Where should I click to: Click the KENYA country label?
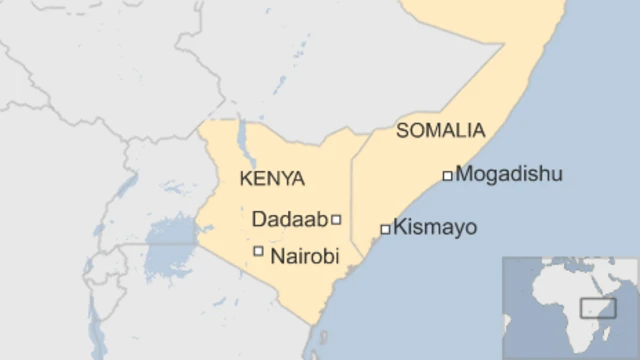[x=272, y=179]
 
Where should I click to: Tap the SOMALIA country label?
[x=441, y=130]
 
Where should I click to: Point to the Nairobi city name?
[x=305, y=256]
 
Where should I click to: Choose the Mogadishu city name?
[x=508, y=174]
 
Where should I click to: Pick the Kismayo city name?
[x=434, y=228]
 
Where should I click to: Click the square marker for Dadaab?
[x=336, y=219]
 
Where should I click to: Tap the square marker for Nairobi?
[x=259, y=251]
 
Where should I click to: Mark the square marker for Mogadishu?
[x=447, y=176]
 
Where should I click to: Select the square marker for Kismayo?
[x=385, y=229]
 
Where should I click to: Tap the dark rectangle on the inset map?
[x=597, y=308]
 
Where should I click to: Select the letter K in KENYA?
[x=246, y=179]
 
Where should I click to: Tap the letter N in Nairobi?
[x=278, y=256]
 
